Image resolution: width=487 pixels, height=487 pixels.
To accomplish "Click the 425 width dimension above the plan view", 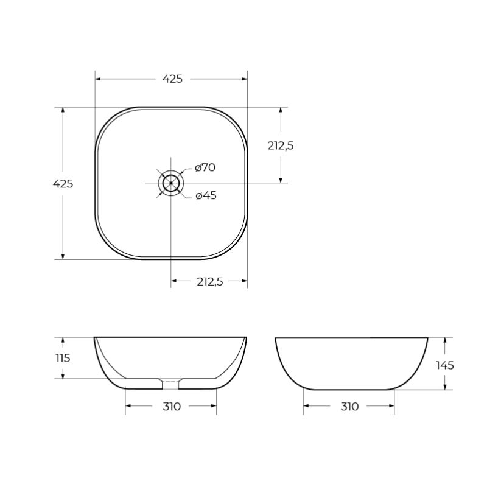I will coord(172,79).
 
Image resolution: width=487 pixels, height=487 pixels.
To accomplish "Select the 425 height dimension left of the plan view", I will coord(63,183).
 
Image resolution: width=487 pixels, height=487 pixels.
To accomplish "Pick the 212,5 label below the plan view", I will coord(210,281).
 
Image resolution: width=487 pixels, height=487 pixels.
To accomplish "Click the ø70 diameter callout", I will coord(205,168).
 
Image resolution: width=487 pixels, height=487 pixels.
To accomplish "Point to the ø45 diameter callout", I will coord(206,195).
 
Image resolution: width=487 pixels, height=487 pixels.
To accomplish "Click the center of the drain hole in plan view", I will coord(171,183).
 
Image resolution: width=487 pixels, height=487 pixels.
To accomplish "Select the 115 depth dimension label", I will coord(62,358).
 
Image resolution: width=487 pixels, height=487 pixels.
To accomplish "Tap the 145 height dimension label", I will coord(445,365).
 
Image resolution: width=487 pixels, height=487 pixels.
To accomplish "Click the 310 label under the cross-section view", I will coord(172,407).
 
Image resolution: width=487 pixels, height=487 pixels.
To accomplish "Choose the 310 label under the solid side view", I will coord(349,407).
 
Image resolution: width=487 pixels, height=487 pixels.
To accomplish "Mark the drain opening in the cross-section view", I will coord(170,384).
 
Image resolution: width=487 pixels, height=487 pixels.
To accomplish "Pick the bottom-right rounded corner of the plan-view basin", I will coord(235,246).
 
